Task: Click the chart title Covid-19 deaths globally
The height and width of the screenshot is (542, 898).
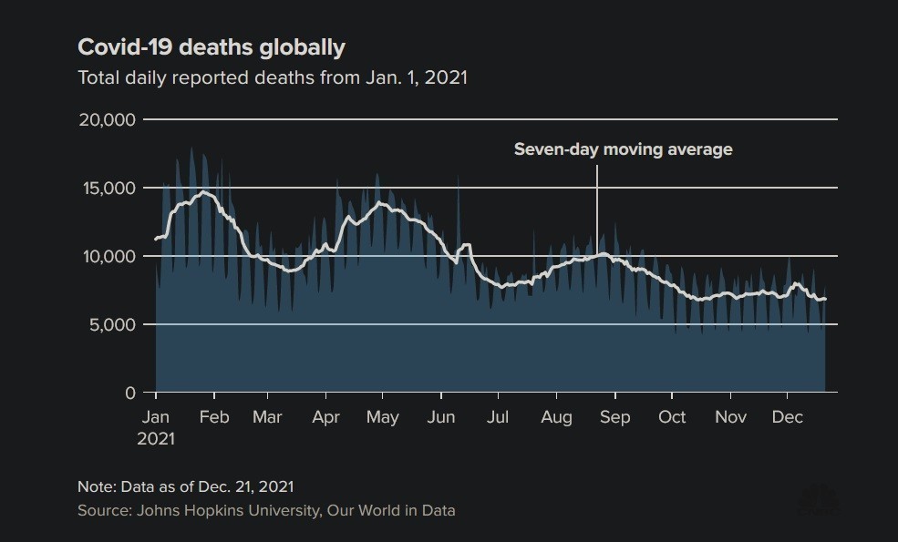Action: [x=212, y=46]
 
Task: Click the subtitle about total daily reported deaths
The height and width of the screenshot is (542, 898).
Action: [x=273, y=77]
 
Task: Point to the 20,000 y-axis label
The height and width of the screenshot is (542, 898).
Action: [x=106, y=120]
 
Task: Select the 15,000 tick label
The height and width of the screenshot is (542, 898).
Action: [x=106, y=189]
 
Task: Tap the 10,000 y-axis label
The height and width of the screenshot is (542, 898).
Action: [x=106, y=257]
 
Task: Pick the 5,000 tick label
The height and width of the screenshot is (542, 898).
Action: [x=110, y=325]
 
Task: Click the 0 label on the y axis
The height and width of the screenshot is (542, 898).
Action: [x=129, y=394]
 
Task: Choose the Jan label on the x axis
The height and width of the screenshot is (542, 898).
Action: [x=156, y=417]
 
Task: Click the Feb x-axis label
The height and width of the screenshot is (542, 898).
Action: [x=214, y=417]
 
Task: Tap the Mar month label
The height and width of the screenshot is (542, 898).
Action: [x=267, y=417]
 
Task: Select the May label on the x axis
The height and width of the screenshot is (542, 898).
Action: [x=382, y=417]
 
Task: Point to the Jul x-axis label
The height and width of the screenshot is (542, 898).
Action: [x=498, y=417]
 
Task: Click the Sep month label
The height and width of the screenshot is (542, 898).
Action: [x=615, y=417]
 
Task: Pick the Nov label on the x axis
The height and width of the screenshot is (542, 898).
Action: [x=730, y=417]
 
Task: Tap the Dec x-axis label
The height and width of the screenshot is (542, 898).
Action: [x=788, y=417]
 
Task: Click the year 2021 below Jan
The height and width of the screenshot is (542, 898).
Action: [x=156, y=438]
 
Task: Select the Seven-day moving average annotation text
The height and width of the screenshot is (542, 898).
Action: [x=623, y=149]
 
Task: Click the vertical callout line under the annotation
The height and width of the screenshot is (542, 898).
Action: [x=597, y=210]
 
